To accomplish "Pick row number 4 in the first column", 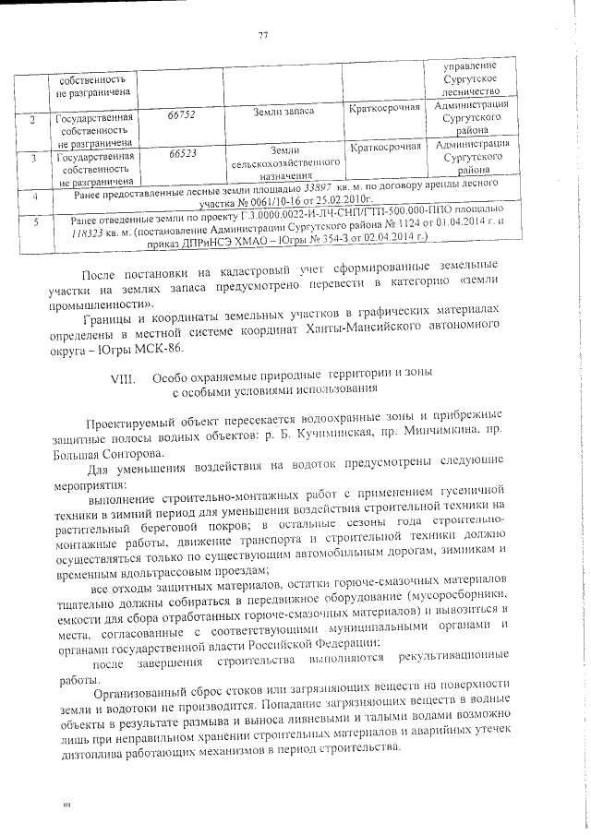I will click(x=34, y=197).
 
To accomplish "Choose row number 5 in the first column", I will click(x=34, y=222).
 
